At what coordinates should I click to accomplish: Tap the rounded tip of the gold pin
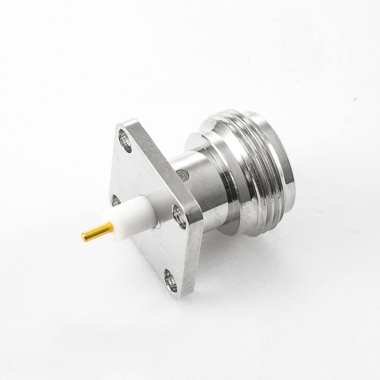pos(83,237)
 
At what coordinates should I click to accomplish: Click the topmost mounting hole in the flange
pos(125,141)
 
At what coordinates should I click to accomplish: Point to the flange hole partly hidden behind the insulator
pos(114,201)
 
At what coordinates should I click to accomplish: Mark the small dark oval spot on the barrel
pos(184,174)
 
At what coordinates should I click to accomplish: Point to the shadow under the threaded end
pos(266,243)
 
